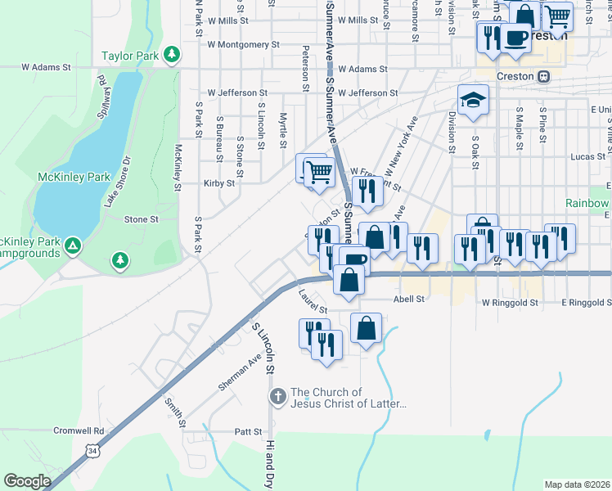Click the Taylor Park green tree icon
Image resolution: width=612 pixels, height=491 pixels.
[171, 55]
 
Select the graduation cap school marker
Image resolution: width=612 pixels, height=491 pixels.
[473, 101]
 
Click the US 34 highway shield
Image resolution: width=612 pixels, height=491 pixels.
[94, 449]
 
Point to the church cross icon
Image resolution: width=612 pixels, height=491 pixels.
[277, 398]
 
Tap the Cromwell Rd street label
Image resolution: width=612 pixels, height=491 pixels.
[79, 430]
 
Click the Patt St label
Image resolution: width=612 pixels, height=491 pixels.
[247, 431]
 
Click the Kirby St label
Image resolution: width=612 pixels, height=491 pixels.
[219, 183]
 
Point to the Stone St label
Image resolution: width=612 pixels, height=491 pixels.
[141, 219]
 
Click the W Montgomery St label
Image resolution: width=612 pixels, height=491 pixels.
[244, 45]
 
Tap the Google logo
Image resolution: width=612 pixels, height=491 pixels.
[27, 481]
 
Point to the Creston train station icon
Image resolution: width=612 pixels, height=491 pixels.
[543, 76]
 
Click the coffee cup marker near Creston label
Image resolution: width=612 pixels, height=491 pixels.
[515, 38]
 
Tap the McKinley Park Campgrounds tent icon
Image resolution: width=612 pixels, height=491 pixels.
[73, 245]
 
